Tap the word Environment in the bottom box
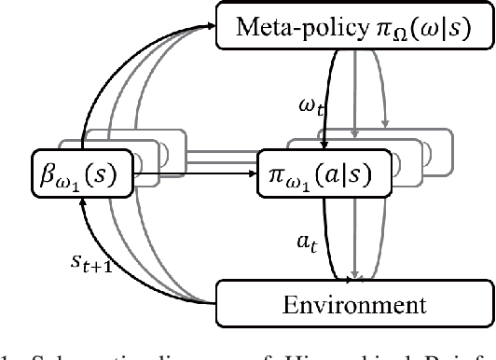(354, 303)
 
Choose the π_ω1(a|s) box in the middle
(324, 173)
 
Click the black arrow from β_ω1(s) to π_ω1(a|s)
(196, 173)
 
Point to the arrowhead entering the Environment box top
(355, 277)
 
